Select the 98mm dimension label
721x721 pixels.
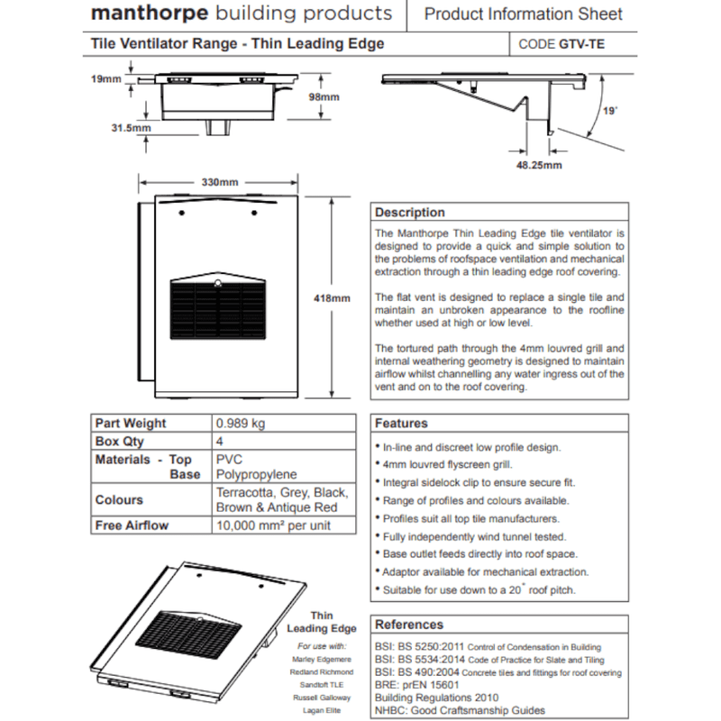[x=324, y=96]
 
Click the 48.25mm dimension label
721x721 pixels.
[x=540, y=165]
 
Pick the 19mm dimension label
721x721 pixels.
[x=105, y=79]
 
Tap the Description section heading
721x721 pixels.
[x=410, y=213]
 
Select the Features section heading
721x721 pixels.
[x=401, y=423]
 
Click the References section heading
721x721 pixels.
[x=409, y=625]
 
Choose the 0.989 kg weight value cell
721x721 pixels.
[x=240, y=423]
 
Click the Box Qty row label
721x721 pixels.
[x=119, y=442]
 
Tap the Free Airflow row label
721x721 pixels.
[x=132, y=525]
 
